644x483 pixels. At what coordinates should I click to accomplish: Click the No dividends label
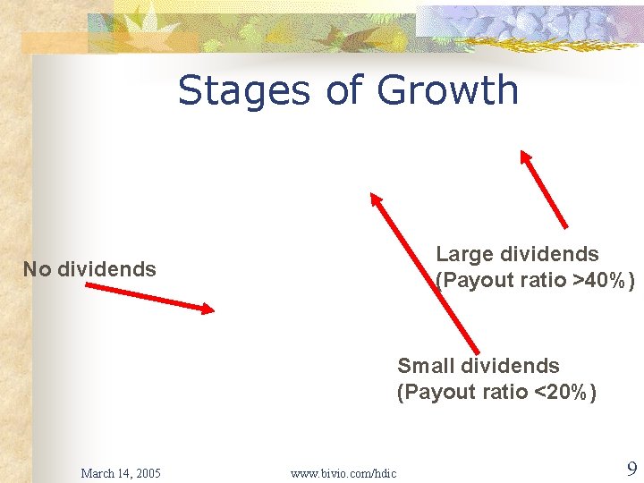pos(89,269)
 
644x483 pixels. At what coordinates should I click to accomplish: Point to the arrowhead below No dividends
pos(208,309)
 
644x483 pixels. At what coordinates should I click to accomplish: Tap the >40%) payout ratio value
pos(605,280)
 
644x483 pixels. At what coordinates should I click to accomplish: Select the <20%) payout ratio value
pos(565,392)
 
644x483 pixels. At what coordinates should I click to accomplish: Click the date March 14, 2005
pos(121,473)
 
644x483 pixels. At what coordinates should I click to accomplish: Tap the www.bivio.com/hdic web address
pos(343,473)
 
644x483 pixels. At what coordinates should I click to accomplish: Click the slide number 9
pos(631,469)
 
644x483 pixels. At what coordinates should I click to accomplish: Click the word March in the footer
pos(97,473)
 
